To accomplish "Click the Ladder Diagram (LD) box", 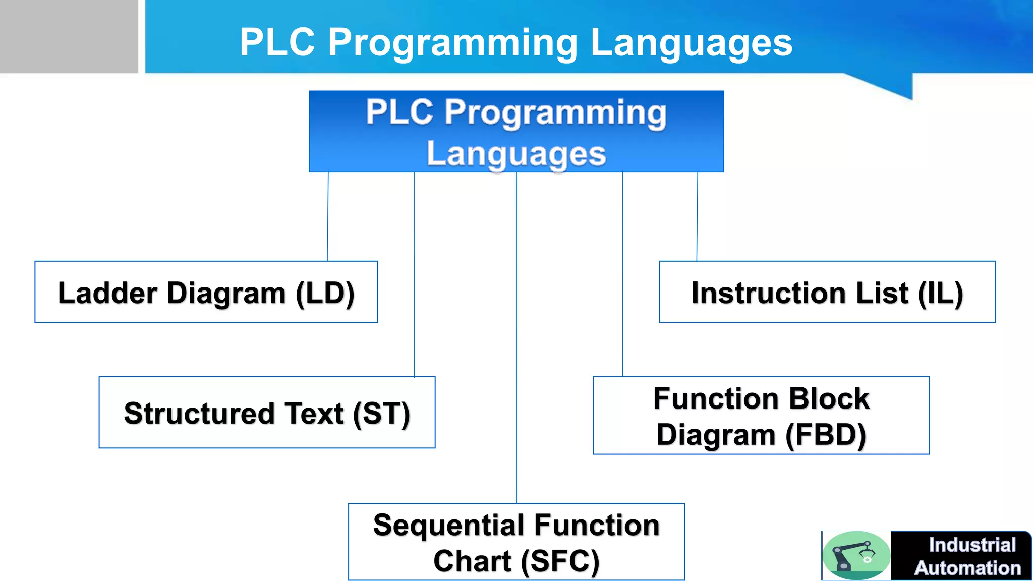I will pyautogui.click(x=206, y=292).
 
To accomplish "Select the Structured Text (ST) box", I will pyautogui.click(x=267, y=413).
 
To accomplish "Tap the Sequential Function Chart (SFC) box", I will pyautogui.click(x=516, y=542).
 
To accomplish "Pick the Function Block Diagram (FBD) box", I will pyautogui.click(x=761, y=416).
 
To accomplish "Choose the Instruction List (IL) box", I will pyautogui.click(x=827, y=292).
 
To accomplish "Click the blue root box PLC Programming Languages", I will pyautogui.click(x=516, y=132).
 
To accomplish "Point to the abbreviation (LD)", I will pyautogui.click(x=325, y=294).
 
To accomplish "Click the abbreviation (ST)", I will pyautogui.click(x=381, y=414).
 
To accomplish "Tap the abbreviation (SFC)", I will pyautogui.click(x=560, y=561).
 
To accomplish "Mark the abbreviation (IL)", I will pyautogui.click(x=940, y=294).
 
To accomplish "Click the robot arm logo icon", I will pyautogui.click(x=856, y=555).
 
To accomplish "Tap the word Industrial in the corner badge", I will pyautogui.click(x=972, y=545).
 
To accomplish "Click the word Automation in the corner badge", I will pyautogui.click(x=967, y=568).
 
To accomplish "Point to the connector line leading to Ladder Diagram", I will pyautogui.click(x=328, y=217).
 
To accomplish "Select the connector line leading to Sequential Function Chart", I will pyautogui.click(x=516, y=338).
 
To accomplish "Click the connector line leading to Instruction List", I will pyautogui.click(x=697, y=217).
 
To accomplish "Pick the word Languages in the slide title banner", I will pyautogui.click(x=691, y=42).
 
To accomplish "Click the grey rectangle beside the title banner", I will pyautogui.click(x=69, y=36).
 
